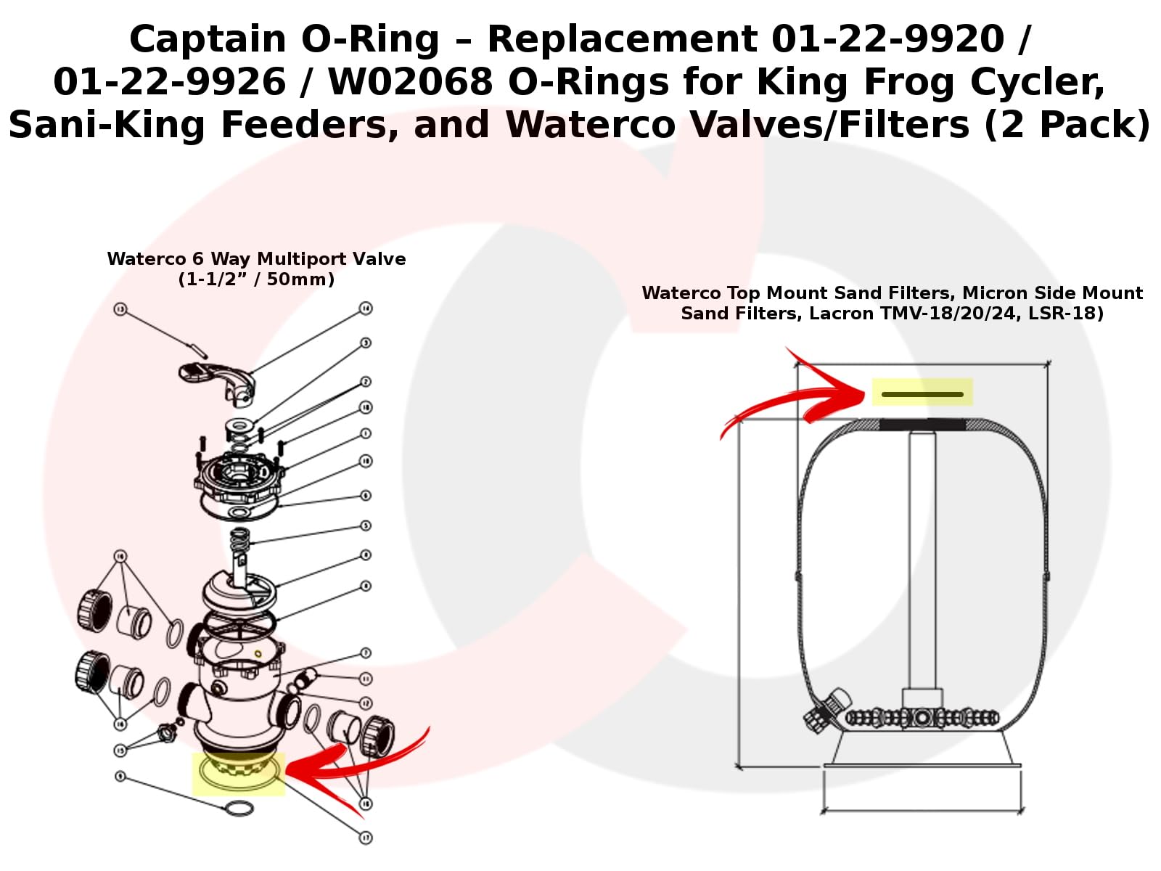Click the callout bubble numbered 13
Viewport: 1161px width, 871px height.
[x=120, y=310]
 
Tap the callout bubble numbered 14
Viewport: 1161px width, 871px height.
[x=366, y=308]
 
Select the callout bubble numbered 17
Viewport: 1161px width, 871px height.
[x=366, y=838]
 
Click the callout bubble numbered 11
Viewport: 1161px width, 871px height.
[x=366, y=679]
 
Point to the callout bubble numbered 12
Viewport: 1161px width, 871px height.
[x=366, y=703]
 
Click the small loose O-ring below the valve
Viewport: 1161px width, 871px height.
[x=239, y=808]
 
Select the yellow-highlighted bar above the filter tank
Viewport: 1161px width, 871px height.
[x=922, y=393]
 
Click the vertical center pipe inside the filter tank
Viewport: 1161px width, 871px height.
[x=922, y=559]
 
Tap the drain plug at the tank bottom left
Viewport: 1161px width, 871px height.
[x=826, y=710]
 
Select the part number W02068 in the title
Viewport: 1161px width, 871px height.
[x=410, y=82]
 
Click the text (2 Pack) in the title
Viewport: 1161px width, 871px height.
[x=1067, y=125]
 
